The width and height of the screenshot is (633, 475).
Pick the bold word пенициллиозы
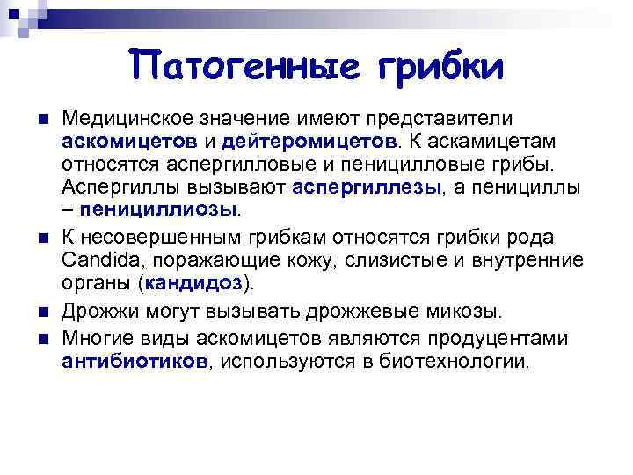[158, 209]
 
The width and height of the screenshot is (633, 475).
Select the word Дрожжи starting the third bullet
[96, 311]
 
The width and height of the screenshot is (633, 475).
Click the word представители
[463, 118]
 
